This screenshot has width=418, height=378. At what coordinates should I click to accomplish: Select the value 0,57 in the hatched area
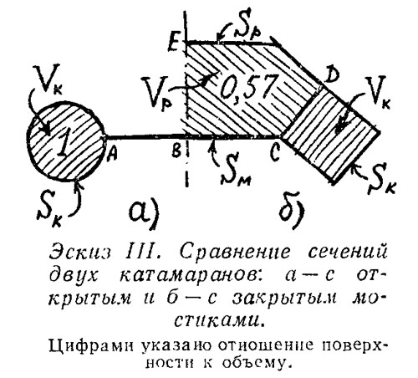click(247, 87)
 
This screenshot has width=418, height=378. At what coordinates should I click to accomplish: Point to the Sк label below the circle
click(49, 208)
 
